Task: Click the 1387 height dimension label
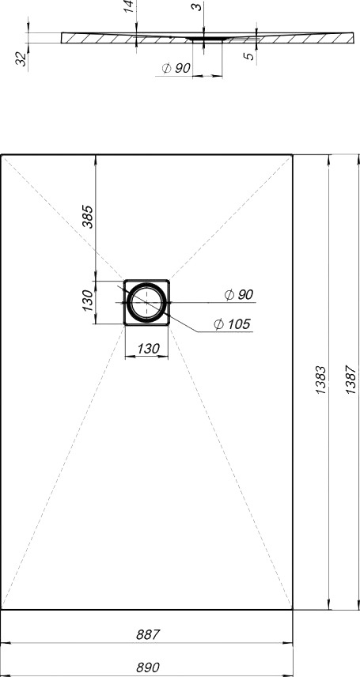click(x=352, y=380)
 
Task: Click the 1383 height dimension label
click(x=321, y=380)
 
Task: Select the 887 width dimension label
click(x=148, y=634)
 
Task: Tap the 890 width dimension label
click(x=148, y=667)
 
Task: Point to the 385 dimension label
click(x=88, y=217)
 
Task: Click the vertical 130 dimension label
click(x=88, y=301)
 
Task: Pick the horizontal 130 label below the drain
click(x=148, y=349)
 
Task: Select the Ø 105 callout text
click(x=232, y=323)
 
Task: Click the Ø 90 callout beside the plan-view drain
click(x=239, y=295)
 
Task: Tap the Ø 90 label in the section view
click(x=176, y=68)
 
